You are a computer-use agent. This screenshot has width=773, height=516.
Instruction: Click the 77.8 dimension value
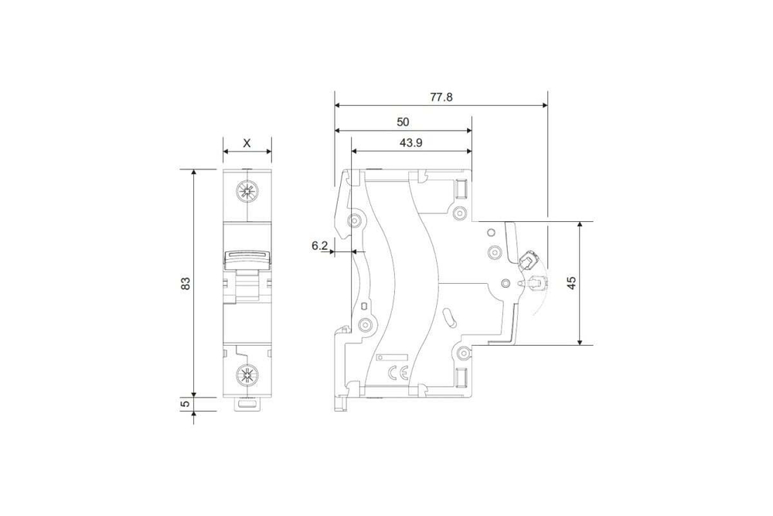(x=441, y=97)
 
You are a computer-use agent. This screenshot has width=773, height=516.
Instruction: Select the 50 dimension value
(x=403, y=122)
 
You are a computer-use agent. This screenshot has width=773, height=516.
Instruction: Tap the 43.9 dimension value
(x=410, y=143)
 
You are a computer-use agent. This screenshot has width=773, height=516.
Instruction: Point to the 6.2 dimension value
(x=319, y=245)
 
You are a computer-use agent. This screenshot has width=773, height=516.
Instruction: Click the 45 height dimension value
(x=571, y=282)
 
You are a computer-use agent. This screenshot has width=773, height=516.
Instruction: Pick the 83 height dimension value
(x=186, y=283)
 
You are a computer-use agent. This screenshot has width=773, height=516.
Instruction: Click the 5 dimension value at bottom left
(x=186, y=404)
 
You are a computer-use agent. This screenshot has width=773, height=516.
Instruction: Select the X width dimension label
(x=247, y=143)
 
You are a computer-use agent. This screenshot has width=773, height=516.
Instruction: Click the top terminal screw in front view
(x=247, y=191)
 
